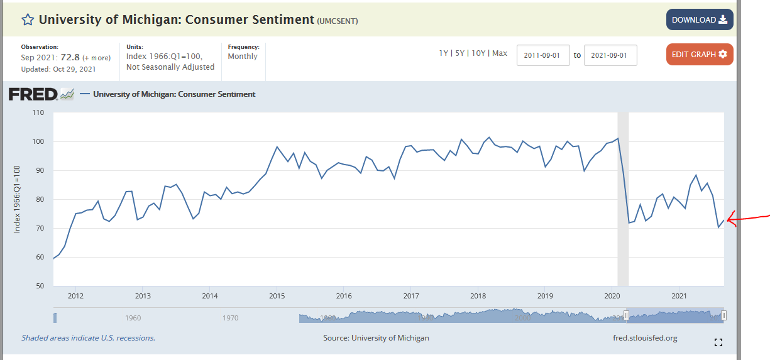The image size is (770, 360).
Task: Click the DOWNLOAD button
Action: point(699,20)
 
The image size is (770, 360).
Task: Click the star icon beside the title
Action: point(28,19)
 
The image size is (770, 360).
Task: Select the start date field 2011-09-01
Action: point(543,55)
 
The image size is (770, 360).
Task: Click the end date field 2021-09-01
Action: point(610,55)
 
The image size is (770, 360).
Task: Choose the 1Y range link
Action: point(444,53)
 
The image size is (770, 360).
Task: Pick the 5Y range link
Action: point(460,53)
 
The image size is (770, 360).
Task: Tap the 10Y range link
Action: point(478,53)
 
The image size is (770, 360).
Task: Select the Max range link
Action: point(500,53)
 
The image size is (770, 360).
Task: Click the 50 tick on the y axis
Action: point(40,286)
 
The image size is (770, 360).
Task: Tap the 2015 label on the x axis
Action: point(277,296)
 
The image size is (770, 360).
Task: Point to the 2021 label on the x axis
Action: point(679,296)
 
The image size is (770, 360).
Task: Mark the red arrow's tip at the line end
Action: point(728,220)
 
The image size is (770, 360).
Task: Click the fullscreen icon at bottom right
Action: point(718,342)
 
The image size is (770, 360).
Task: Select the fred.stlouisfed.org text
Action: point(645,338)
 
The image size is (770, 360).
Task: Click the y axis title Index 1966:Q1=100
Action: point(18,199)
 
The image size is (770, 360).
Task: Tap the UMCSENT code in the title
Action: point(338,21)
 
